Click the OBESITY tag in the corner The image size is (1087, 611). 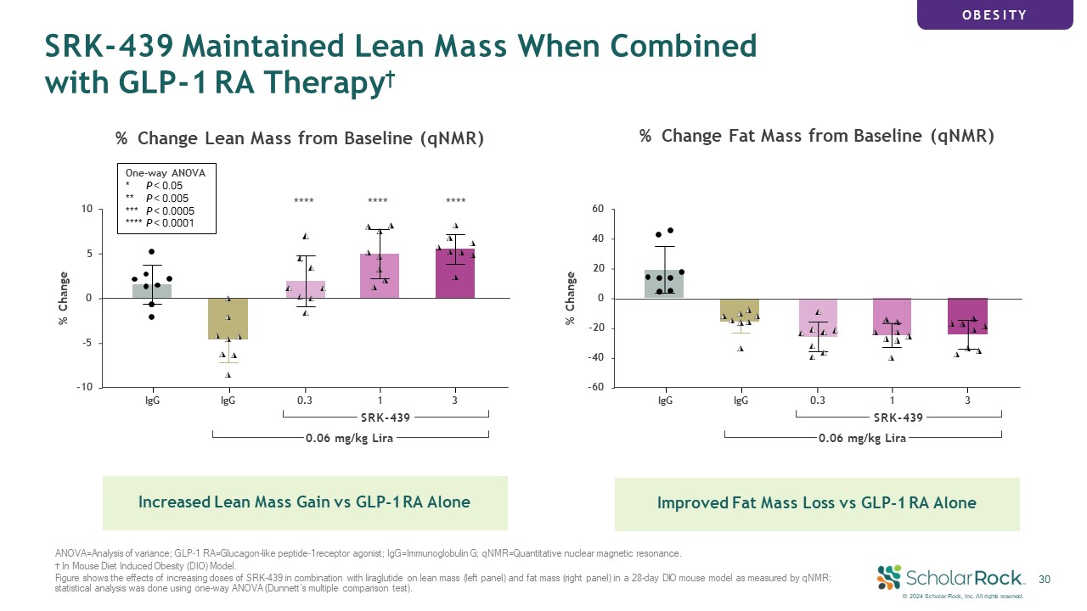tap(994, 15)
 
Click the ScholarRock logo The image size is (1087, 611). tap(951, 578)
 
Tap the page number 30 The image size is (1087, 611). tap(1045, 580)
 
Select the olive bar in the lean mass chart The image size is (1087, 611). tap(228, 318)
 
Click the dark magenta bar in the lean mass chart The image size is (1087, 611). tap(455, 273)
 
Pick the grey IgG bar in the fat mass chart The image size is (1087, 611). tap(664, 283)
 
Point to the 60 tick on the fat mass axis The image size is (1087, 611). tap(598, 209)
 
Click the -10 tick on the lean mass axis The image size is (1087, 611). tap(84, 387)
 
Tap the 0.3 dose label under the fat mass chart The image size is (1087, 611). tap(817, 401)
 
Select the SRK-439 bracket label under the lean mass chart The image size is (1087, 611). tap(386, 418)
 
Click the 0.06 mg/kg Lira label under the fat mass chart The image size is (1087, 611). tap(862, 439)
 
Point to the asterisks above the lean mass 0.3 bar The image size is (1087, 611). tap(304, 200)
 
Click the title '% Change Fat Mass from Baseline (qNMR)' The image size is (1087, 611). tap(817, 136)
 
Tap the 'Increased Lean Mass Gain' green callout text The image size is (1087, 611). tap(304, 502)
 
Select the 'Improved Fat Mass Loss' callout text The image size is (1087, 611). tap(817, 503)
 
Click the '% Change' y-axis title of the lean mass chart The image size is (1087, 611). tap(63, 298)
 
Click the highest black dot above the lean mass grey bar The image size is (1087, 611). tap(151, 252)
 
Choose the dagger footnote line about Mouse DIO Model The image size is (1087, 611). tap(146, 566)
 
